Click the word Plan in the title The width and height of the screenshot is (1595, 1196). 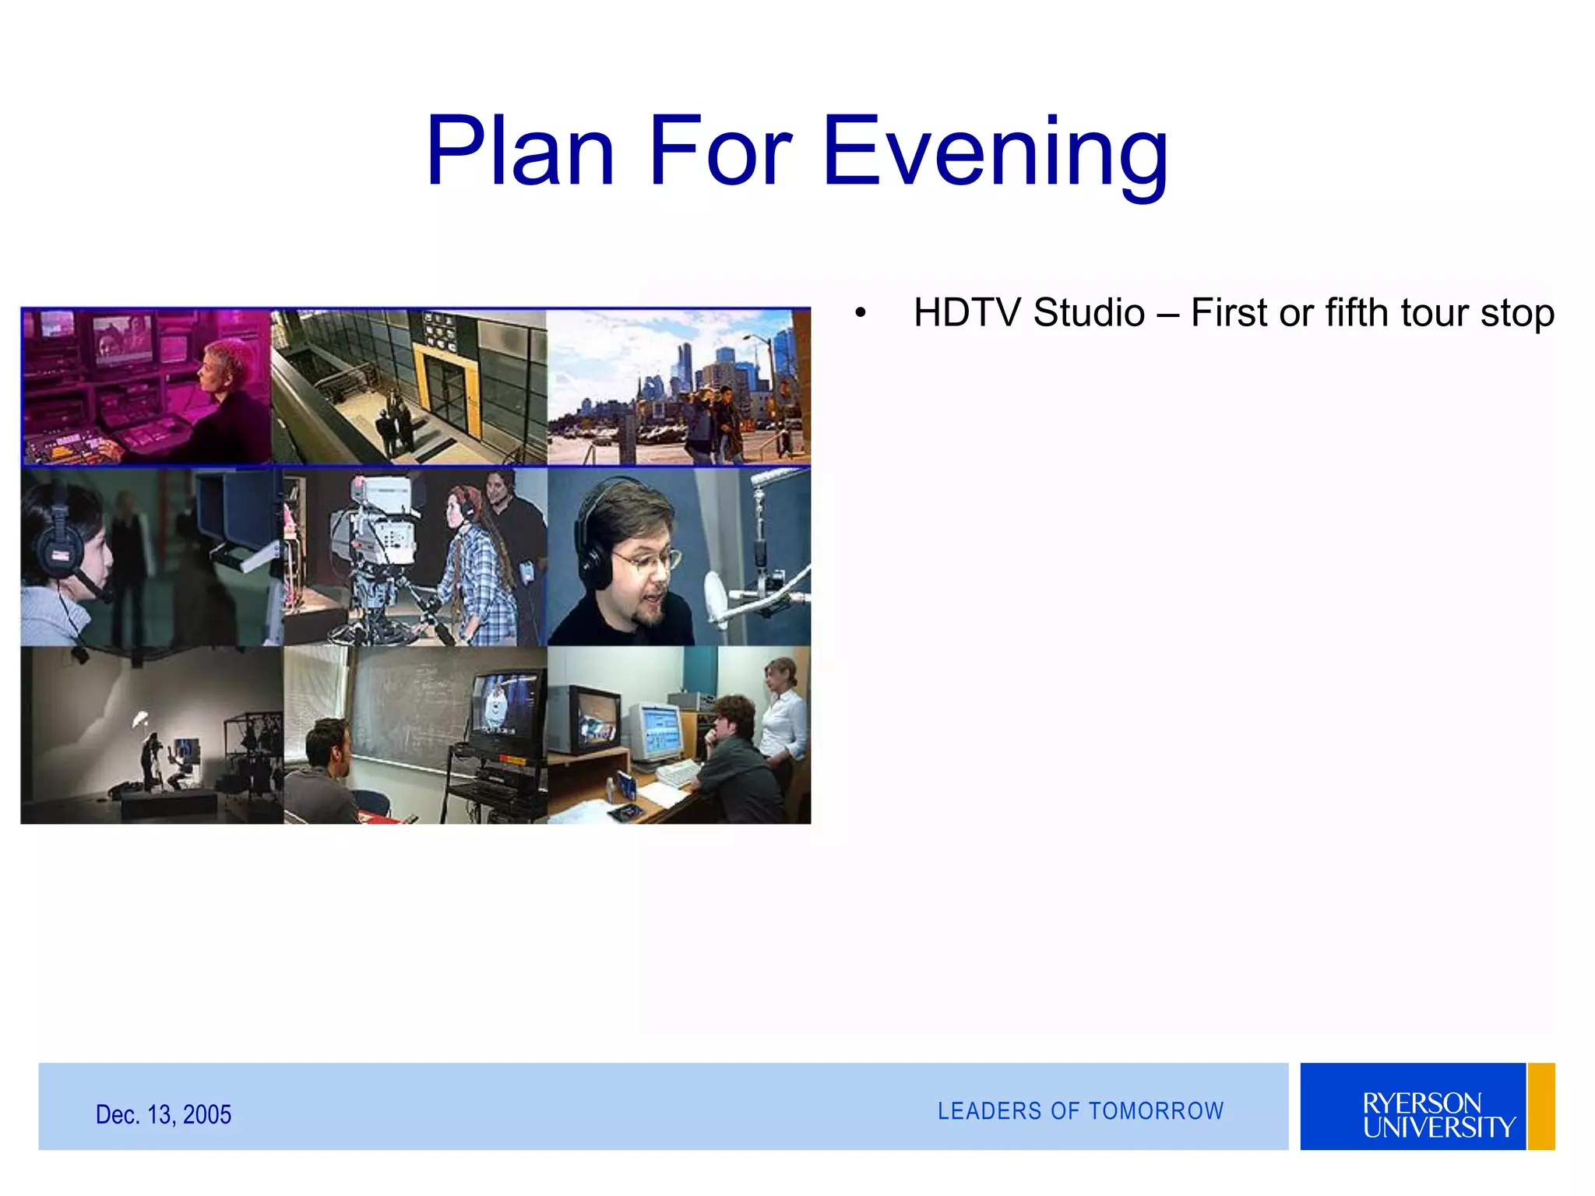coord(520,152)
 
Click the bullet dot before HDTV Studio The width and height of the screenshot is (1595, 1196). coord(860,314)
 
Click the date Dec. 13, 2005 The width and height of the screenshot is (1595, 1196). coord(164,1114)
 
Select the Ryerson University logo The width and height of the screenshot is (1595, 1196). coord(1413,1106)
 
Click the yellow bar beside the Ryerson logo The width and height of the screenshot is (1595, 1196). coord(1540,1106)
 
